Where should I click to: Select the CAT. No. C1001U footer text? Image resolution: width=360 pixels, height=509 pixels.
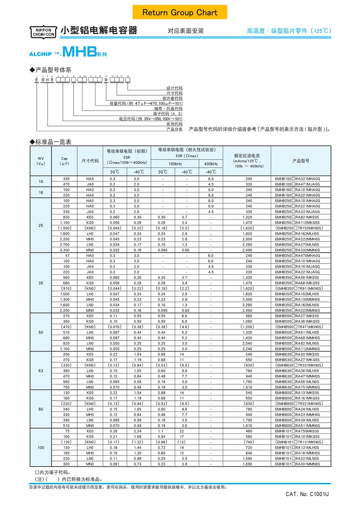(307, 494)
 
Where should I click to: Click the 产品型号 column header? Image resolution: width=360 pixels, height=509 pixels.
(301, 161)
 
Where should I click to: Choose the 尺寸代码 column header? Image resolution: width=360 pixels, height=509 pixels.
(90, 161)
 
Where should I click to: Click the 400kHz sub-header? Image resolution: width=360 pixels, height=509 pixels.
(211, 164)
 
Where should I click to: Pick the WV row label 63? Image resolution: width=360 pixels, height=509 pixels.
(41, 371)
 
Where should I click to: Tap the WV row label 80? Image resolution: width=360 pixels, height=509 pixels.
(41, 409)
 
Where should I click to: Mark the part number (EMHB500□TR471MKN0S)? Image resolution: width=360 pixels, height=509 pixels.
(298, 327)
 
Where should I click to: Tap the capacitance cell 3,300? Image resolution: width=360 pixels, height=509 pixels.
(64, 250)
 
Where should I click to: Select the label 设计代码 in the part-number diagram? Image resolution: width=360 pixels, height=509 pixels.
(174, 88)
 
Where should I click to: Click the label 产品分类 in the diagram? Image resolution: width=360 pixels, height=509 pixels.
(174, 129)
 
